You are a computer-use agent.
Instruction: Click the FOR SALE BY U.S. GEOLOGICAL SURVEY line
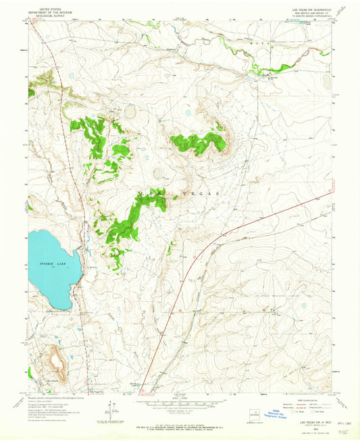click(180, 425)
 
